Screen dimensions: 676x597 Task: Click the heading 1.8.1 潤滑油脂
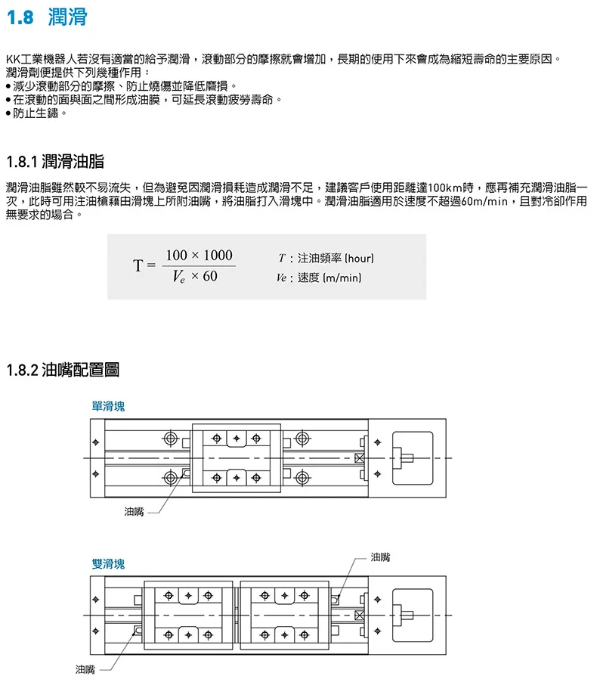54,161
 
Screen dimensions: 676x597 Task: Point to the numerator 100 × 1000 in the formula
199,255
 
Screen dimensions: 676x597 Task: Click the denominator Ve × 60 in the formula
194,277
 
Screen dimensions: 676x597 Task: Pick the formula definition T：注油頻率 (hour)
326,259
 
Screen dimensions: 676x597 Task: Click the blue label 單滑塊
108,406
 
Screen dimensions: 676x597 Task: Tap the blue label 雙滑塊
108,563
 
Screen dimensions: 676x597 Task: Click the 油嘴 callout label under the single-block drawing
134,512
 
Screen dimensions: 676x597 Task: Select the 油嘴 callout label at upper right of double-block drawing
381,557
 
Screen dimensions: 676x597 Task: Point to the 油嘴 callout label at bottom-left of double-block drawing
85,668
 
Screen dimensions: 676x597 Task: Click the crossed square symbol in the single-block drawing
360,458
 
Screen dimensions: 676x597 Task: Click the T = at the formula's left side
144,265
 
